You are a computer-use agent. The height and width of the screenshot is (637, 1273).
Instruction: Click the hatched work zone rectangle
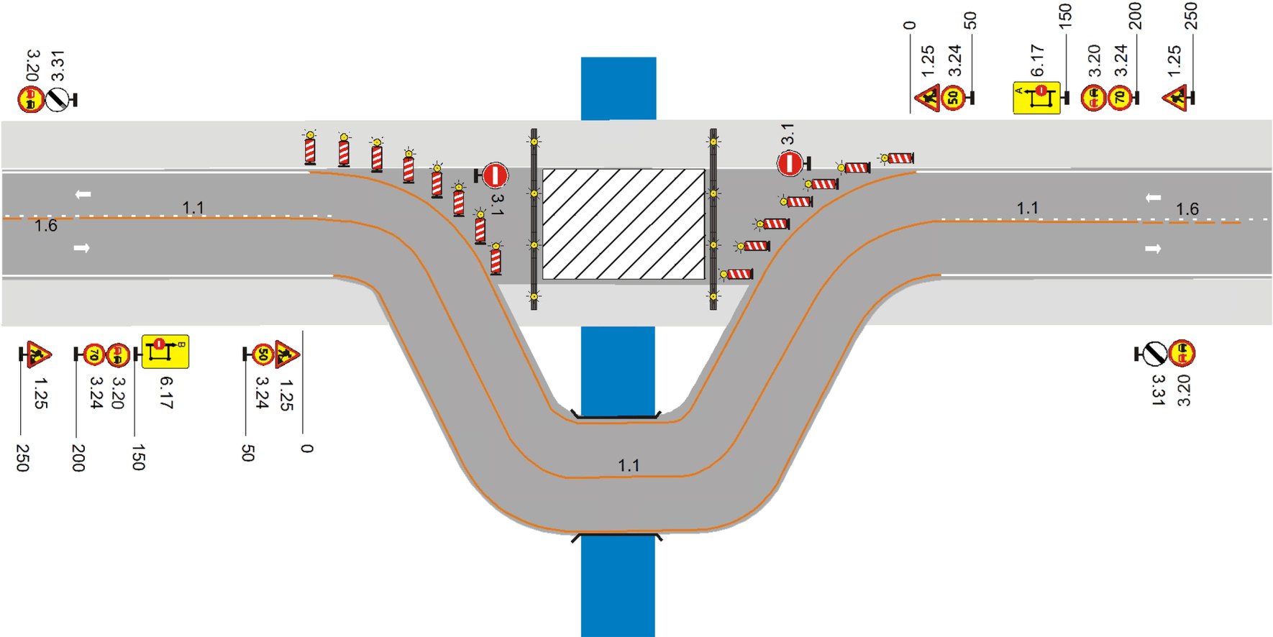point(623,224)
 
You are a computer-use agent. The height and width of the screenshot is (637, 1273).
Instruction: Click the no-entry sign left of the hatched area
point(495,175)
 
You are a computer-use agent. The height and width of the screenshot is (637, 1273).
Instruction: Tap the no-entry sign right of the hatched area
point(789,164)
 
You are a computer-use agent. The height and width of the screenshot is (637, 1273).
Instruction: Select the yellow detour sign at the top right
point(1036,98)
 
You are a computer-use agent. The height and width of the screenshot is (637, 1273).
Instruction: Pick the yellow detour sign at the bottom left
point(165,352)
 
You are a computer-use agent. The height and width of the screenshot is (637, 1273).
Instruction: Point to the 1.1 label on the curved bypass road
point(629,465)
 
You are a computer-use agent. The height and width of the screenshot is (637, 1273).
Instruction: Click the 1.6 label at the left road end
point(46,226)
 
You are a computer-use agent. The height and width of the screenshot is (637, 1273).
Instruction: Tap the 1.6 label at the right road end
point(1187,209)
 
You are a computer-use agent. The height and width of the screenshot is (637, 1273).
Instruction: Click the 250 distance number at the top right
point(1191,16)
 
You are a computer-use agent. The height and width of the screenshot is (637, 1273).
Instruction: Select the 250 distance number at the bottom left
point(22,457)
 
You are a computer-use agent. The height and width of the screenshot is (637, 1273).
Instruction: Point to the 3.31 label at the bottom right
point(1157,390)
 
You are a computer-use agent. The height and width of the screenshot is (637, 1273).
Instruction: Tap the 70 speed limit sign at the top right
point(1120,97)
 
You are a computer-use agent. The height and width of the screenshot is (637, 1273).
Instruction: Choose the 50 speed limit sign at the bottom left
point(263,354)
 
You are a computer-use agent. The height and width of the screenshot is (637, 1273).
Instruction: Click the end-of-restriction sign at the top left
point(58,99)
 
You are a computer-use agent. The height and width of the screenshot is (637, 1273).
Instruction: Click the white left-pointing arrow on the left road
point(83,194)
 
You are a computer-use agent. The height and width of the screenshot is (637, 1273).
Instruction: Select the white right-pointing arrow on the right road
point(1153,249)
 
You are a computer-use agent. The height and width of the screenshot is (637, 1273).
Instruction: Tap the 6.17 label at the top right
point(1037,60)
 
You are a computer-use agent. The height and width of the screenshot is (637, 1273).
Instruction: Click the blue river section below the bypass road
point(618,586)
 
